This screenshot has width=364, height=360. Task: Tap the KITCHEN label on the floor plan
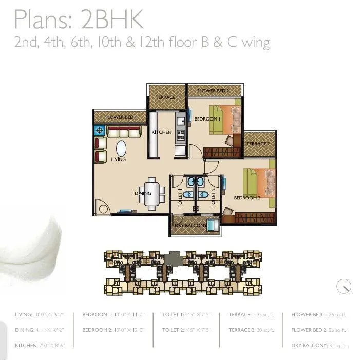(x=161, y=132)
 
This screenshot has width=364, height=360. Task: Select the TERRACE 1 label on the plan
(x=167, y=97)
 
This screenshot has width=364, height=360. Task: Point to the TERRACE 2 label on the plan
(x=258, y=144)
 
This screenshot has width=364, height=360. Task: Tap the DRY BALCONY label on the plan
(x=190, y=226)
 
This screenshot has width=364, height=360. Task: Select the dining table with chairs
(x=152, y=193)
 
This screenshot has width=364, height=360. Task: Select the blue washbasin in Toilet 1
(x=190, y=182)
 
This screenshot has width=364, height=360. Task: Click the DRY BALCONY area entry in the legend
(x=317, y=345)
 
